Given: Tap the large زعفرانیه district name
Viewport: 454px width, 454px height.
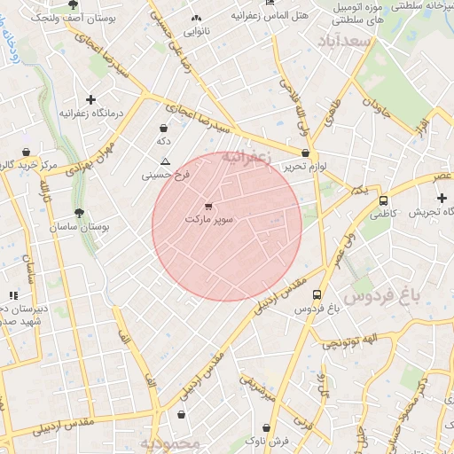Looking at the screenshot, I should [244, 157].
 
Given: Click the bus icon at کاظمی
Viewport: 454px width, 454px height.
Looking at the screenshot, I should [383, 200].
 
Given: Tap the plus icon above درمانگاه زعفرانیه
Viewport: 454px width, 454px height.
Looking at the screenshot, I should [90, 99].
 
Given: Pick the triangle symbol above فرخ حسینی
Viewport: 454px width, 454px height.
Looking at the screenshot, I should [165, 160].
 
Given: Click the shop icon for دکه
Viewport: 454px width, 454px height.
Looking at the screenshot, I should [163, 128].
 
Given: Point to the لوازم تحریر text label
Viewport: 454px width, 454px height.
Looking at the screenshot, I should [307, 166].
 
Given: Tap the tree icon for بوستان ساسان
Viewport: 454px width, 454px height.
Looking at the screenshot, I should [80, 213].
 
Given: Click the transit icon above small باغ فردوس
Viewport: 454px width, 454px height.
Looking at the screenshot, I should [317, 295].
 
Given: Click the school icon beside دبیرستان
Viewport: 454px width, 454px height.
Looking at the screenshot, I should [12, 295].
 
